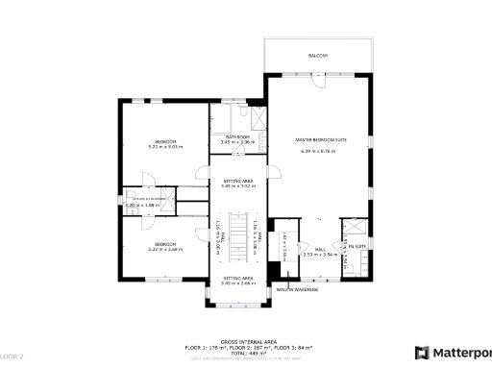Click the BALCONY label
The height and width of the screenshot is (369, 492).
pos(318,56)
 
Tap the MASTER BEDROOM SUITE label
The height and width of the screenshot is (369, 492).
pos(320,140)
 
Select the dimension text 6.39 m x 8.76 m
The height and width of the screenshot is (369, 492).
pos(320,151)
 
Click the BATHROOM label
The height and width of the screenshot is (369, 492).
pos(237,137)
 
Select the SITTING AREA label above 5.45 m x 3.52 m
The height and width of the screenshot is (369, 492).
pos(237,180)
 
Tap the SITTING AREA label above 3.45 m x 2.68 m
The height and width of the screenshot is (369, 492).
pos(237,277)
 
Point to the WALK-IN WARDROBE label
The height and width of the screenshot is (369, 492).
pos(297,288)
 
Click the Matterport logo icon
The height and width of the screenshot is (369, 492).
pos(421,352)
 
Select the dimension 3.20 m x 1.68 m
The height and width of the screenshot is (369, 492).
pos(142,205)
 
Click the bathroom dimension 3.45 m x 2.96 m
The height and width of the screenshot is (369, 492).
pos(237,142)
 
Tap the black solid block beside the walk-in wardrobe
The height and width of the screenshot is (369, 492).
pos(273,273)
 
